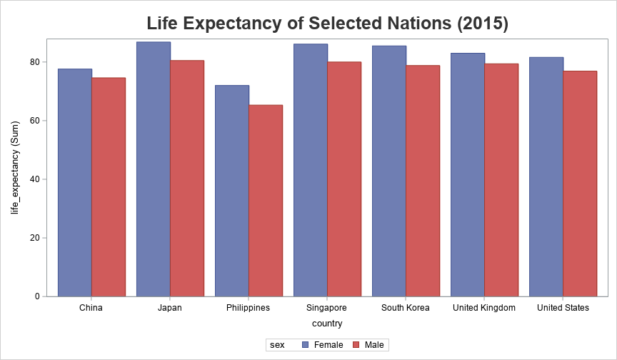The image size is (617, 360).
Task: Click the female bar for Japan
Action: click(153, 169)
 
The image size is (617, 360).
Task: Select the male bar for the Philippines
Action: click(266, 201)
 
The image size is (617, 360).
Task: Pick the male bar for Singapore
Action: click(344, 179)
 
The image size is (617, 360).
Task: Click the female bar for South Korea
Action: click(388, 171)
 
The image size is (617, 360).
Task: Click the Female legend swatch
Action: click(306, 345)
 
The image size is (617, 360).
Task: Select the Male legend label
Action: click(374, 345)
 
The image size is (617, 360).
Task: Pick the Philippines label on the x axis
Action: click(248, 308)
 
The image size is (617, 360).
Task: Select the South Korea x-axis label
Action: click(405, 308)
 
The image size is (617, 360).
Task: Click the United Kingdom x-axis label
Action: click(484, 308)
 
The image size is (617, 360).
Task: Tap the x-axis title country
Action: click(327, 324)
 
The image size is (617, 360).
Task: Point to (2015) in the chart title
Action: click(483, 23)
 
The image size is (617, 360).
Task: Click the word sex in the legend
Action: click(277, 345)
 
